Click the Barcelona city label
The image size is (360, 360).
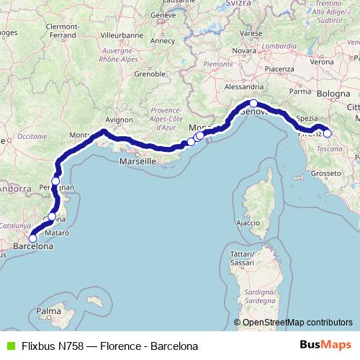tap(33, 246)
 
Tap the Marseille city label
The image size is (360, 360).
tap(137, 162)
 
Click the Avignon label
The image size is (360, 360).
tap(119, 120)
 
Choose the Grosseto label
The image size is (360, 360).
tap(325, 174)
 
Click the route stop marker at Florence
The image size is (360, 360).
tap(328, 133)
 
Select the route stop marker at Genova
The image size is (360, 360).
tap(253, 104)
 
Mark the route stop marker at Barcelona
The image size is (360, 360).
tap(32, 238)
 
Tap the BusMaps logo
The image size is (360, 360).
tap(325, 346)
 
